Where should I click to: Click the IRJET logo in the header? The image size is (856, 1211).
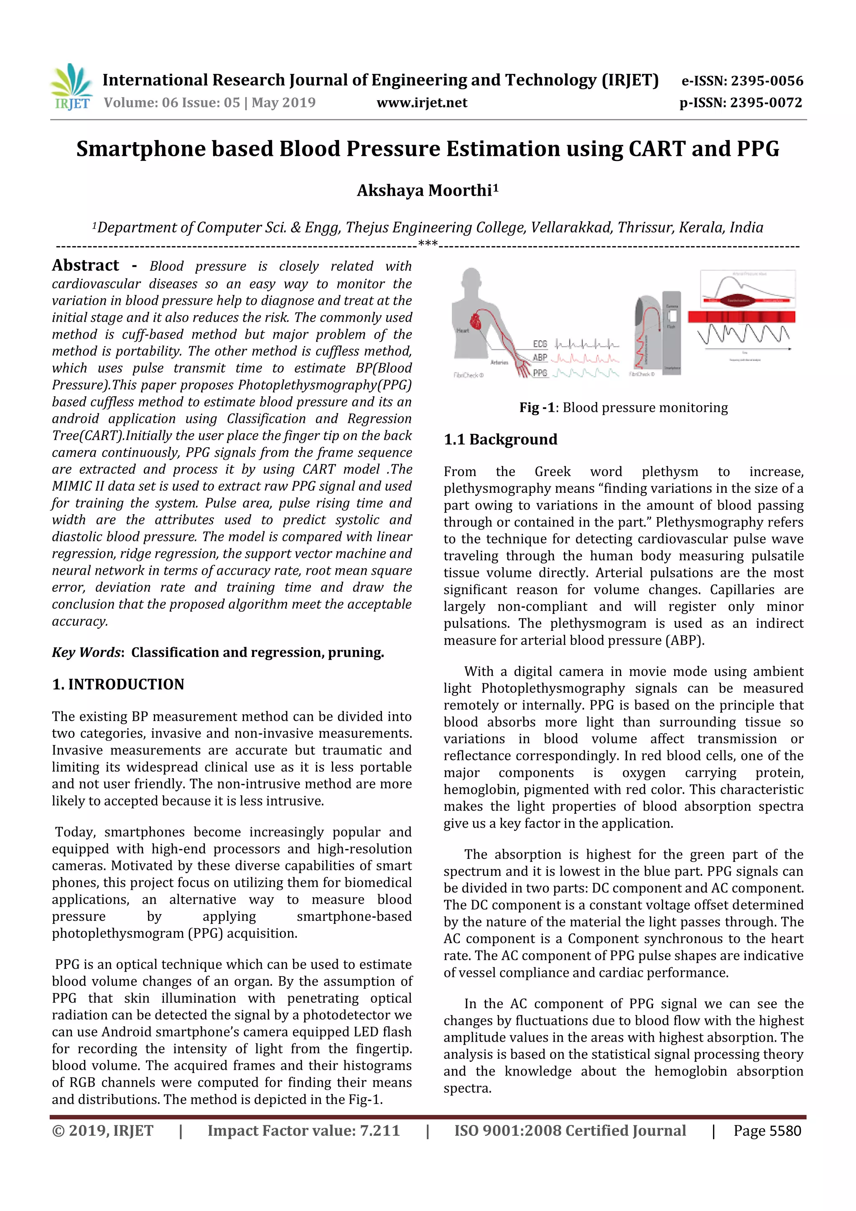(71, 87)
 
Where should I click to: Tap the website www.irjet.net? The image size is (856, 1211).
(421, 102)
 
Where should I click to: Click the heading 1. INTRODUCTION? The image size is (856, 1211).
(118, 684)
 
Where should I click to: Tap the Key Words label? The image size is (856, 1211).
(87, 653)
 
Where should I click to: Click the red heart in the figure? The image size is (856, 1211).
(476, 321)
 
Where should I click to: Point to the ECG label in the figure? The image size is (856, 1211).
(540, 344)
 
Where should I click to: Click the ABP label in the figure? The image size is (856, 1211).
(540, 357)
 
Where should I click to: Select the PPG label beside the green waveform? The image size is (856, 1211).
(540, 373)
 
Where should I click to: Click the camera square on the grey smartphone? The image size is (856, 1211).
(673, 316)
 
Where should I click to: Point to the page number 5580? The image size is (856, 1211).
(785, 1131)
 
